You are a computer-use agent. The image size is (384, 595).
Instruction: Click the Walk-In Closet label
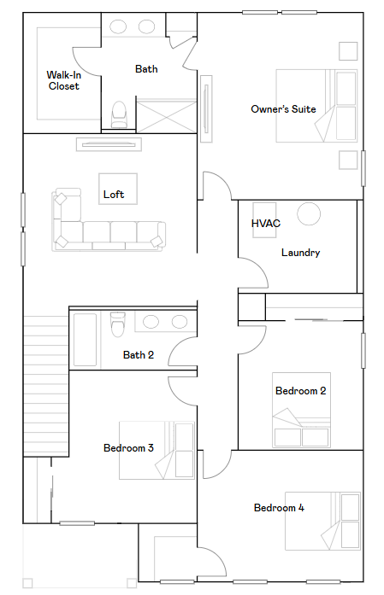click(64, 80)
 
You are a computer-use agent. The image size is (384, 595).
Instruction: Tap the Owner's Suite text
click(283, 109)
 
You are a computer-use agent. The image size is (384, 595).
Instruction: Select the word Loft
click(114, 195)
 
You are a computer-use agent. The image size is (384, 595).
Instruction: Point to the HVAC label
click(266, 223)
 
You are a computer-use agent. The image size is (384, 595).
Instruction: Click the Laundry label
click(300, 253)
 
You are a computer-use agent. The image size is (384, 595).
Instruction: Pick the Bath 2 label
click(139, 355)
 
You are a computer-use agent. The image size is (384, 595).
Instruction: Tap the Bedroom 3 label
click(128, 448)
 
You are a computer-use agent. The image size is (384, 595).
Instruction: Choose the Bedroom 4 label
click(279, 508)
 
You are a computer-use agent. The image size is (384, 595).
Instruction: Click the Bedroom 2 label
click(301, 391)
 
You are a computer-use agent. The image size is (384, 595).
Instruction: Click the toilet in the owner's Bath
click(119, 114)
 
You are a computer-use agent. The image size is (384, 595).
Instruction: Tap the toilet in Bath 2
click(117, 324)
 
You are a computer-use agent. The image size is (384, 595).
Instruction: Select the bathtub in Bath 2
click(85, 340)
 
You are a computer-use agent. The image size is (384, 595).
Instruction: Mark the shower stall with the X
click(167, 116)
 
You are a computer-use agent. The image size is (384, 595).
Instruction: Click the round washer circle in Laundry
click(309, 213)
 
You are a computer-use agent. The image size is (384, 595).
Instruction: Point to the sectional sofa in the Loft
click(109, 220)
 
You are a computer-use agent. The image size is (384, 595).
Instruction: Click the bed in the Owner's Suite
click(316, 106)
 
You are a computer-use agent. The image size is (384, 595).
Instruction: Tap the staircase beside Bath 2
click(46, 386)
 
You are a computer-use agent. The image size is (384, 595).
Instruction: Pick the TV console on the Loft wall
click(109, 144)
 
